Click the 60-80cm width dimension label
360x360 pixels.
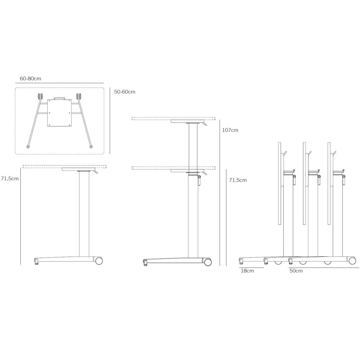pyautogui.click(x=30, y=78)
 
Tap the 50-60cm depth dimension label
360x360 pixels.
pyautogui.click(x=125, y=92)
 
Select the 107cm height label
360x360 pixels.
pyautogui.click(x=230, y=130)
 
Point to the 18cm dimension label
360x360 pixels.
pyautogui.click(x=247, y=271)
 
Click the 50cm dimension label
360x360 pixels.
pyautogui.click(x=296, y=271)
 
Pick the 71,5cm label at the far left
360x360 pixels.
pyautogui.click(x=9, y=179)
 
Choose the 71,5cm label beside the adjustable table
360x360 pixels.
pyautogui.click(x=238, y=180)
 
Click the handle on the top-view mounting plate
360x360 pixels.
pyautogui.click(x=59, y=98)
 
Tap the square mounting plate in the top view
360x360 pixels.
pyautogui.click(x=59, y=113)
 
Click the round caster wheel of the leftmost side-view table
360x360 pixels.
pyautogui.click(x=99, y=261)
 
